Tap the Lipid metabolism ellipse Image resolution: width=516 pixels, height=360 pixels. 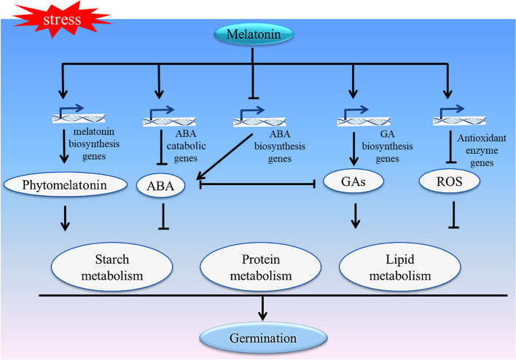pyautogui.click(x=394, y=267)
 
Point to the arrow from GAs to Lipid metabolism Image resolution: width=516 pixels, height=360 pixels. pyautogui.click(x=354, y=216)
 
